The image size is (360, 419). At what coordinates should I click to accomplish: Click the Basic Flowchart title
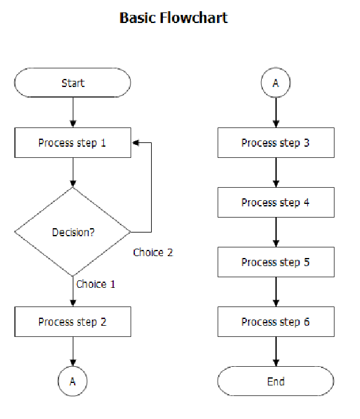173,17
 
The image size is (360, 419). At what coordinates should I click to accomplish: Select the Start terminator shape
73,83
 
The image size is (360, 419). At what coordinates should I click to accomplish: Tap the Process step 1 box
73,143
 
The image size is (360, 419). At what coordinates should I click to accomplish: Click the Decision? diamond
73,232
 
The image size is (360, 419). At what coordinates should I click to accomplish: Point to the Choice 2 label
153,252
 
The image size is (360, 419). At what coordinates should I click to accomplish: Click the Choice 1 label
96,284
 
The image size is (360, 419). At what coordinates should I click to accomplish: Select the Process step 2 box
73,322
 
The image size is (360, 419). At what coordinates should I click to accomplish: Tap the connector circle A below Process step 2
73,381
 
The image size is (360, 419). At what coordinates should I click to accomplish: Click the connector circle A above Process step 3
275,83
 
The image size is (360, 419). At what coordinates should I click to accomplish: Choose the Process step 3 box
275,143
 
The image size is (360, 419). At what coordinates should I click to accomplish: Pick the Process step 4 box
275,203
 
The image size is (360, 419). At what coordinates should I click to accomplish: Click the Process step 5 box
275,262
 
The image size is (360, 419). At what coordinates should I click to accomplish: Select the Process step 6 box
275,322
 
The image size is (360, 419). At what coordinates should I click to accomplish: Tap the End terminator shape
275,381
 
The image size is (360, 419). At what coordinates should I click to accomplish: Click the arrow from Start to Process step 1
73,113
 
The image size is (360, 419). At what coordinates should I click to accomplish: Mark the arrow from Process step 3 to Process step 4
275,173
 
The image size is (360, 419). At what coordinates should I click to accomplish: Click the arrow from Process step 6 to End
275,351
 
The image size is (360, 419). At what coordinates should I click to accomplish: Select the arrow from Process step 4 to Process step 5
275,233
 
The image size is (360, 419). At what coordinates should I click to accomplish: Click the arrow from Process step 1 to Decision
73,172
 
